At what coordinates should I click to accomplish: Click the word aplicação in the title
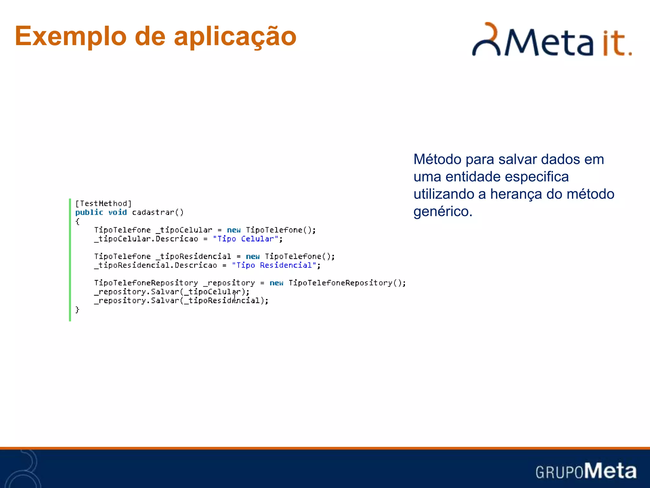pos(235,37)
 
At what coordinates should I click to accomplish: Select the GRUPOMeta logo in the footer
pos(586,471)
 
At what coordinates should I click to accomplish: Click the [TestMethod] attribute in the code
pos(103,203)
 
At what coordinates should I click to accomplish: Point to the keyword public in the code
pos(89,212)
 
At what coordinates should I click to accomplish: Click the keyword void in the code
pos(117,212)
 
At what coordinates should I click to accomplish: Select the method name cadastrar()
pos(158,212)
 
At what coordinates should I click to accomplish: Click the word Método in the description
pos(437,159)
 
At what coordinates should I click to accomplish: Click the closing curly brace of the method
pos(77,309)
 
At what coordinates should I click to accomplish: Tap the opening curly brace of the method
pos(77,221)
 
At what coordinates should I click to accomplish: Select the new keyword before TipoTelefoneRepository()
pos(276,283)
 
